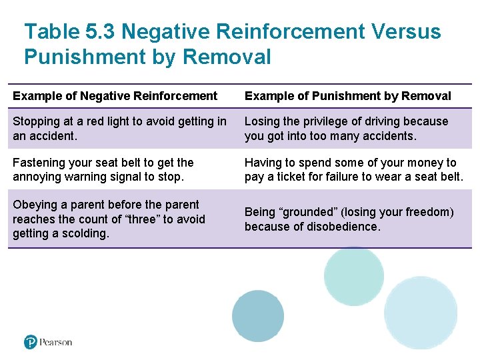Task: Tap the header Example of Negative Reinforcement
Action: tap(115, 96)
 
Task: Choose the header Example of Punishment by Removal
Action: tap(347, 96)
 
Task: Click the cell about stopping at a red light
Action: tap(119, 129)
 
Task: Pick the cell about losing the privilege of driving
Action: tap(346, 129)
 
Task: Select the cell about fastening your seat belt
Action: tap(103, 170)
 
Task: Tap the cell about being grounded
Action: tap(349, 219)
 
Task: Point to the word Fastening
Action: tap(39, 163)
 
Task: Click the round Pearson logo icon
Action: tap(31, 342)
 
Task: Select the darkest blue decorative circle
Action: tap(257, 316)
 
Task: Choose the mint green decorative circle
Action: tap(353, 276)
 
